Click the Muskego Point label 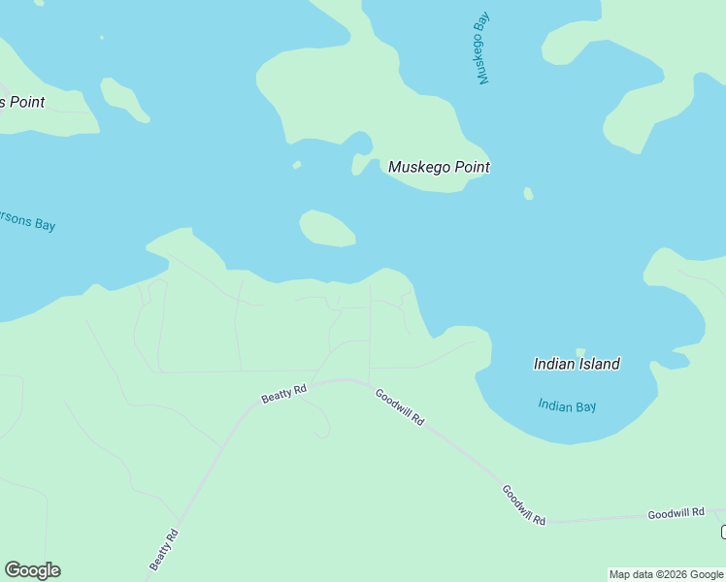pyautogui.click(x=439, y=167)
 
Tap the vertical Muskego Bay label pyautogui.click(x=482, y=48)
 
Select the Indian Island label pyautogui.click(x=577, y=364)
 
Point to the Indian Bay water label pyautogui.click(x=567, y=406)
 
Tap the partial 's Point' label pyautogui.click(x=22, y=102)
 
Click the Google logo pyautogui.click(x=32, y=570)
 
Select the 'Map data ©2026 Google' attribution pyautogui.click(x=667, y=574)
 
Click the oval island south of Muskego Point pyautogui.click(x=327, y=229)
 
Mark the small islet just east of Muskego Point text pyautogui.click(x=528, y=194)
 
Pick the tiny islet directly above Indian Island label pyautogui.click(x=580, y=352)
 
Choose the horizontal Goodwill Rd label pyautogui.click(x=676, y=512)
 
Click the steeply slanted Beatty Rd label pyautogui.click(x=164, y=549)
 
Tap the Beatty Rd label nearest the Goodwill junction pyautogui.click(x=283, y=393)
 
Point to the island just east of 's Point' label pyautogui.click(x=123, y=98)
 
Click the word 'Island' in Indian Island pyautogui.click(x=598, y=364)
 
